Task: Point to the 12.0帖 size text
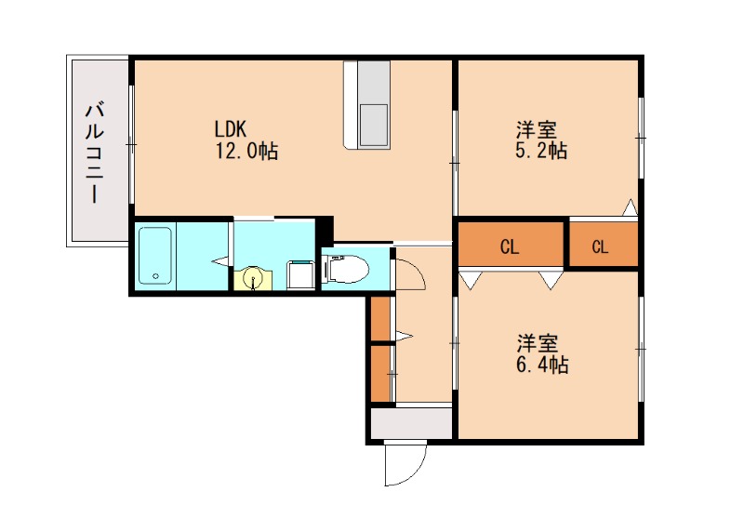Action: [x=246, y=150]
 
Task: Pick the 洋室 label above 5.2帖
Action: [x=534, y=128]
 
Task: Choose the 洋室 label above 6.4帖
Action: [x=535, y=342]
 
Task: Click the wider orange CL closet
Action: [x=511, y=246]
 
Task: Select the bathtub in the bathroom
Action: [x=155, y=256]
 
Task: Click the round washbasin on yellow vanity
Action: [x=251, y=278]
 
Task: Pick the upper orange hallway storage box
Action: [x=379, y=319]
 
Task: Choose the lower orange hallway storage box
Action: [x=379, y=373]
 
